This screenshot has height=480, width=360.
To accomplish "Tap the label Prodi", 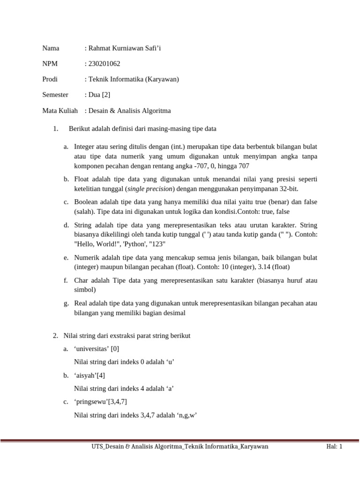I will coord(50,79).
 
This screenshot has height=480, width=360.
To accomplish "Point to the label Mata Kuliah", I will coord(60,111).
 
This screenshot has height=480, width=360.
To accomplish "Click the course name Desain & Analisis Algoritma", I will coord(129,111).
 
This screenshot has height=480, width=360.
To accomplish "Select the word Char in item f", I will coord(82,280).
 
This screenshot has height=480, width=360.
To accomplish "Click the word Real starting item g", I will coord(81,303).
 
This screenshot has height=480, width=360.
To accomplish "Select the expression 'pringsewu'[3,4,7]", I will coord(100,401).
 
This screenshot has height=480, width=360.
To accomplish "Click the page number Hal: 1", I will coord(335,447).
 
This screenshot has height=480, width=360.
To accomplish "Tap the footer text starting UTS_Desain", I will coord(180,447).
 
